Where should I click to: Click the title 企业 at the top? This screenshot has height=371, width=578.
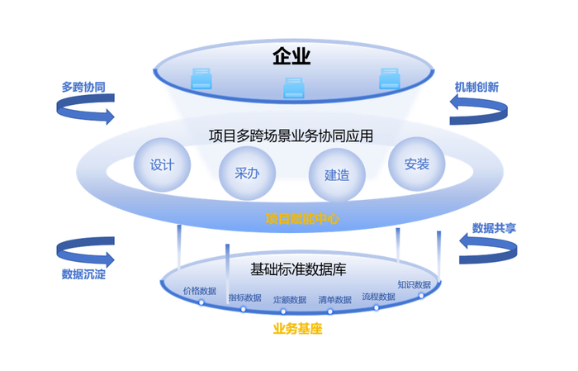point(291,56)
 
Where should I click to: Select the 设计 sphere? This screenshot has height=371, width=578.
point(162,164)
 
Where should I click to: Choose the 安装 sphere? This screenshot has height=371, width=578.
point(417,164)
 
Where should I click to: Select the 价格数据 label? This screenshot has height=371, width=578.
point(200,291)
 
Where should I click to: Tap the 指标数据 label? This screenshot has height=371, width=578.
point(244,297)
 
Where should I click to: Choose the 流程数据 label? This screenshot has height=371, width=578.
point(379,296)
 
